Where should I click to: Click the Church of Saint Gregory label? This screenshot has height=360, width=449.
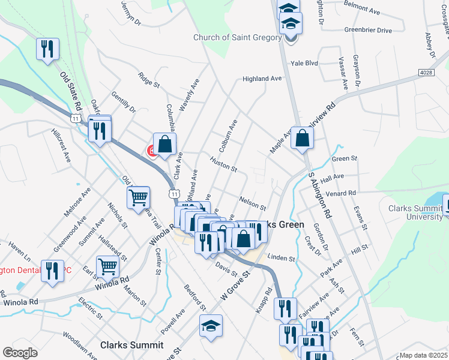pyautogui.click(x=237, y=38)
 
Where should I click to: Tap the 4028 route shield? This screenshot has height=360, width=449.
pyautogui.click(x=425, y=73)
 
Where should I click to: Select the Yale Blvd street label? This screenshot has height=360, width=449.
pyautogui.click(x=304, y=62)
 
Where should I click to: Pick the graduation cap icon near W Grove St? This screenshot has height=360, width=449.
pyautogui.click(x=210, y=326)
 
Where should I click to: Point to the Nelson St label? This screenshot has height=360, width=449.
pyautogui.click(x=252, y=202)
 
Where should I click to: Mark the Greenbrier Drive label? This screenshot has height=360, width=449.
pyautogui.click(x=367, y=30)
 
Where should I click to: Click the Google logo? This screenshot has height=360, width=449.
pyautogui.click(x=20, y=352)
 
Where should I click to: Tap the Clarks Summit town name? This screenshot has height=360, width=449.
pyautogui.click(x=131, y=345)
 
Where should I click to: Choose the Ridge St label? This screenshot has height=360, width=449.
pyautogui.click(x=148, y=80)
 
